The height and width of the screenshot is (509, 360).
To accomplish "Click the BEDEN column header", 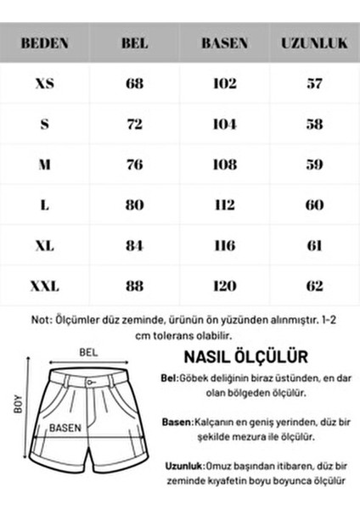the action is pos(45,42).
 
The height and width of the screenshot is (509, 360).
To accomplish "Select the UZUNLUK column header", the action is pos(313,42).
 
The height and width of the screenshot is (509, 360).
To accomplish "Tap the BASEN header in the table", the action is pos(224,42).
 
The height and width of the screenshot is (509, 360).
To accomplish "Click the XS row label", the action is pos(45,84).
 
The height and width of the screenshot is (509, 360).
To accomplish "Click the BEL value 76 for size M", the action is pos(134,165).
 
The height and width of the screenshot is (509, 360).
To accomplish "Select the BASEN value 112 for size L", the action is pos(224,205).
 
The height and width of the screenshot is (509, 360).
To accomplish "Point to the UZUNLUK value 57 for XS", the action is pos(313,84).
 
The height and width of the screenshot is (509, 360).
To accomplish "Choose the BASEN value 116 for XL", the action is pos(224,246).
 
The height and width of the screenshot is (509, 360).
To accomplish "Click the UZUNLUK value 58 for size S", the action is pos(313,124).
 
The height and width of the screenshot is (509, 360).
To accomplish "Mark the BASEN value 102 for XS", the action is pos(224,84).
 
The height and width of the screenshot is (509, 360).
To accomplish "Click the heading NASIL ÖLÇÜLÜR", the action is pos(245,356).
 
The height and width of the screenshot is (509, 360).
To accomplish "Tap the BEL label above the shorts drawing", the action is pos(88,351).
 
